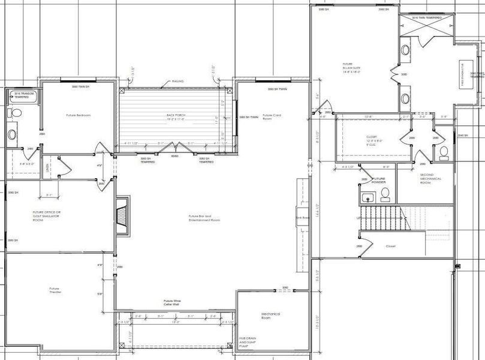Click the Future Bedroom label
pos(78,115)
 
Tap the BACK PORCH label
pos(174,116)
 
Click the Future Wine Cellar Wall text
pos(173,302)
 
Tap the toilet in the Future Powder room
pos(385,193)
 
